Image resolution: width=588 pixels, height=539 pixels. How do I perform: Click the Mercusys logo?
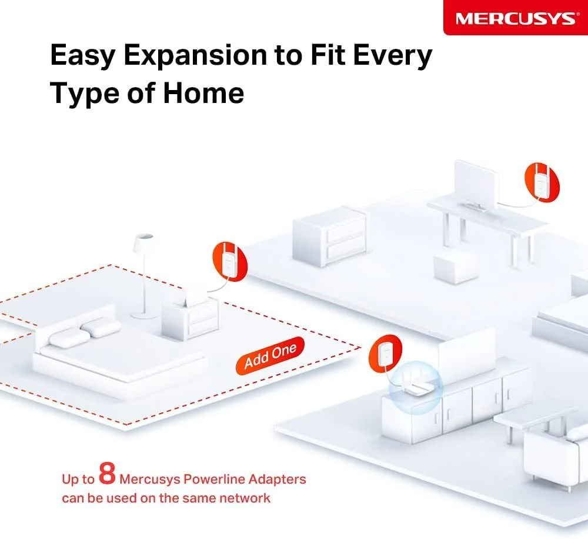(515, 18)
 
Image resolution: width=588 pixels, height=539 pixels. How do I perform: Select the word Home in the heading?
(203, 92)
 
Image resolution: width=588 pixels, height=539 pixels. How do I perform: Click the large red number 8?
(107, 473)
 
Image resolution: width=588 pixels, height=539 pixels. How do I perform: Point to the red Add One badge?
(270, 355)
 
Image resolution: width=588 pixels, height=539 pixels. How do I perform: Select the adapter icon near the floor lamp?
(230, 262)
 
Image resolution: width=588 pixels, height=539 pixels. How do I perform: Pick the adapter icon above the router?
(386, 354)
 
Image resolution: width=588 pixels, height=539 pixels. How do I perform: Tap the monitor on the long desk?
(476, 186)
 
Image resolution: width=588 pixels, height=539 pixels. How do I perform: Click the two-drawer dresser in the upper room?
(329, 236)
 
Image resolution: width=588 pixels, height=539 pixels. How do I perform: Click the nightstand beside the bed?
(190, 318)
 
